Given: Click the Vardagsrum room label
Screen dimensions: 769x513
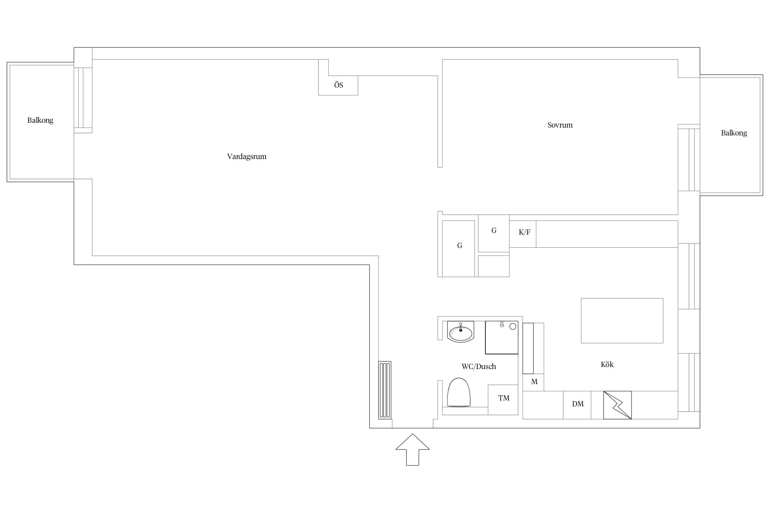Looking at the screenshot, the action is [x=246, y=157].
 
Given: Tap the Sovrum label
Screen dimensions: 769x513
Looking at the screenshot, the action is [x=560, y=125].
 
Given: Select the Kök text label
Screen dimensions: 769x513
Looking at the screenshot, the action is [x=607, y=364].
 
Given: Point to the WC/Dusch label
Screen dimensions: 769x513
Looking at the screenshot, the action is [x=478, y=367].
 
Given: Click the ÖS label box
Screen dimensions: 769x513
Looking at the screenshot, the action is [x=338, y=85].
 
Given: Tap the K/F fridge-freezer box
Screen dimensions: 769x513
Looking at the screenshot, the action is [x=523, y=234].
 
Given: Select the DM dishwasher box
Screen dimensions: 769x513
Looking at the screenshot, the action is [x=577, y=405].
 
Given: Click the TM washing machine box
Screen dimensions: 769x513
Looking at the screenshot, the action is [x=503, y=400].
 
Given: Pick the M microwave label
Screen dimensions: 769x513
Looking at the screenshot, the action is [x=534, y=382].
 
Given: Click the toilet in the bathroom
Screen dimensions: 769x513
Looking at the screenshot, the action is [x=459, y=392].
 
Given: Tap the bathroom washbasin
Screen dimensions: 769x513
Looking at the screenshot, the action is [x=461, y=332].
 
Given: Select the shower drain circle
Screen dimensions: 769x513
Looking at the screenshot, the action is [x=513, y=327].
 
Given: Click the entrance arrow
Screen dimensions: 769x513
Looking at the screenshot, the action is [x=413, y=449].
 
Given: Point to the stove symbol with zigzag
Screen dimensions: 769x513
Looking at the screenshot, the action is [x=617, y=405].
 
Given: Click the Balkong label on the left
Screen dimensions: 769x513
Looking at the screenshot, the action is [x=40, y=120].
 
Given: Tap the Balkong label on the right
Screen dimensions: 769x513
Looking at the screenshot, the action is [x=734, y=133].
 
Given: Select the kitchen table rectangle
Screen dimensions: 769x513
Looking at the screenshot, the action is [x=622, y=321].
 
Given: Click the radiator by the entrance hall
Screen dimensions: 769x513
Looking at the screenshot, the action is [x=384, y=390].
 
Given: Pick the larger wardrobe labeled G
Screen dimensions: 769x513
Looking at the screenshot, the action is [x=458, y=249].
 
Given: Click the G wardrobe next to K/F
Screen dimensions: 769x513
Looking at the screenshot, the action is [x=494, y=233].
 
